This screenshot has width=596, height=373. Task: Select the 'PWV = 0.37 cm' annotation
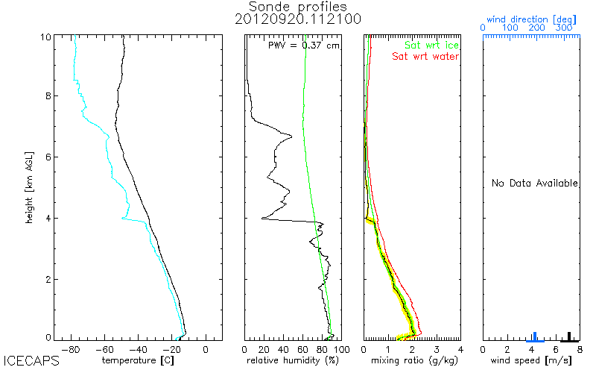[304, 46]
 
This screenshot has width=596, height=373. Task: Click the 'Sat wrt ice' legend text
[431, 46]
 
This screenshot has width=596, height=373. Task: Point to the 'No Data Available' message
[534, 183]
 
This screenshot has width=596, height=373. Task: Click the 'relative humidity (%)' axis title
[293, 360]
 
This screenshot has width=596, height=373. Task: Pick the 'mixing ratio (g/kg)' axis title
[412, 360]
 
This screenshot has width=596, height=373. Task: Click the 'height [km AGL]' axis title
[28, 186]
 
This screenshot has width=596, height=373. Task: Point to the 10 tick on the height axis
[45, 37]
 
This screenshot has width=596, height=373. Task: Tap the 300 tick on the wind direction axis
[565, 28]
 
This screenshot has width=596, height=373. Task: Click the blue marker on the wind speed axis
[534, 336]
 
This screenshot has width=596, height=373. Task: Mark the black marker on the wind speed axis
[569, 336]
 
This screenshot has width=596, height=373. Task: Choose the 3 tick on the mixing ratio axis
[437, 348]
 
